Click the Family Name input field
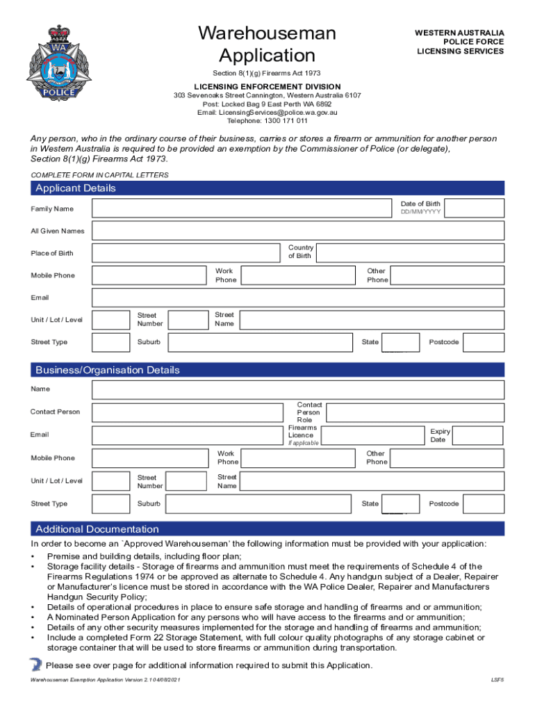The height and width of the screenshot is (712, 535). pos(241,208)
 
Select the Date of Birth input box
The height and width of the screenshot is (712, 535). pos(475,208)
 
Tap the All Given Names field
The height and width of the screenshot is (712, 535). pos(298,231)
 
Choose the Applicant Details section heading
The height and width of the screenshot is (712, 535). pos(76,188)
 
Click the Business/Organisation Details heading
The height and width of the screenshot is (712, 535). pos(107,370)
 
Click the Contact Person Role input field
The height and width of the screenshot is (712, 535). pos(415,413)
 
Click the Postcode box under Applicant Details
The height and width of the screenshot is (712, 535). pos(484,342)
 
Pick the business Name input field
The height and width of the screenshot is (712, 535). pos(298,389)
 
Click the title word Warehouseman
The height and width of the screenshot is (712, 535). pos(267,33)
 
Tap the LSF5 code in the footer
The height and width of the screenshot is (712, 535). pos(497,679)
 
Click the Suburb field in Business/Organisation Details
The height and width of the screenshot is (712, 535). pos(262,503)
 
